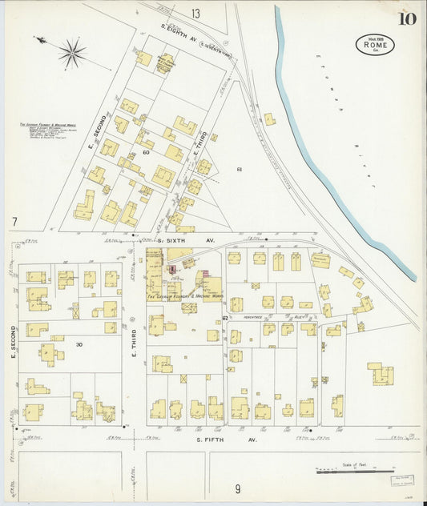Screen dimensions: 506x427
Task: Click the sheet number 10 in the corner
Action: [405, 19]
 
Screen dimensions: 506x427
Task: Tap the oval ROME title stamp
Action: [375, 44]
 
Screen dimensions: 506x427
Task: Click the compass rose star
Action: [72, 54]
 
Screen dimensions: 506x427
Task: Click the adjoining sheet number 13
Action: [195, 13]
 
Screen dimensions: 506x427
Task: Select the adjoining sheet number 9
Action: [237, 488]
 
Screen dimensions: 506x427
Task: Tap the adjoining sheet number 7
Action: [14, 221]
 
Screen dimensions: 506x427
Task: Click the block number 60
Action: [147, 151]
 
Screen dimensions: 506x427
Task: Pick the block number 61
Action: [239, 169]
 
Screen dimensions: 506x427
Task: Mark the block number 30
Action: [79, 344]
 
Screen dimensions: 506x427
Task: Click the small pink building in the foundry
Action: [206, 275]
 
